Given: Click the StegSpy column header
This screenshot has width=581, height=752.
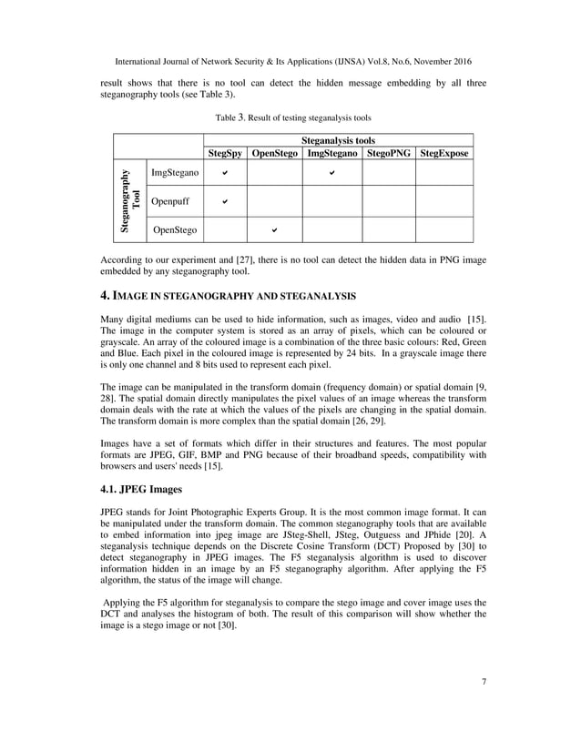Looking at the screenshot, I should (225, 154).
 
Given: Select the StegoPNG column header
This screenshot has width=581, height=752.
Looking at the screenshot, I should (389, 154).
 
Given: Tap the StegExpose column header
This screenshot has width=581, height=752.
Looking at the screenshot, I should (444, 154).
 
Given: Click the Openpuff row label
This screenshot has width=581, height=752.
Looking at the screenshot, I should (171, 200).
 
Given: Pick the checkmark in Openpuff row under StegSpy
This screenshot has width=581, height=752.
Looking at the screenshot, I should (225, 200).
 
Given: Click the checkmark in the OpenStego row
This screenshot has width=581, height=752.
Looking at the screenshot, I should (274, 230).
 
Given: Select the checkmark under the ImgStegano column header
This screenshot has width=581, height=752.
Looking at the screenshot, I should (331, 170).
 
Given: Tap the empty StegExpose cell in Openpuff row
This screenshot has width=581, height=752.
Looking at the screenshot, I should (444, 200).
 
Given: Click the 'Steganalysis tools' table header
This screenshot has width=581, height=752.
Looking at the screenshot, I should (338, 141).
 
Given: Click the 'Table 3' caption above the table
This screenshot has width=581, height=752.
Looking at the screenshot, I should (292, 117).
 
